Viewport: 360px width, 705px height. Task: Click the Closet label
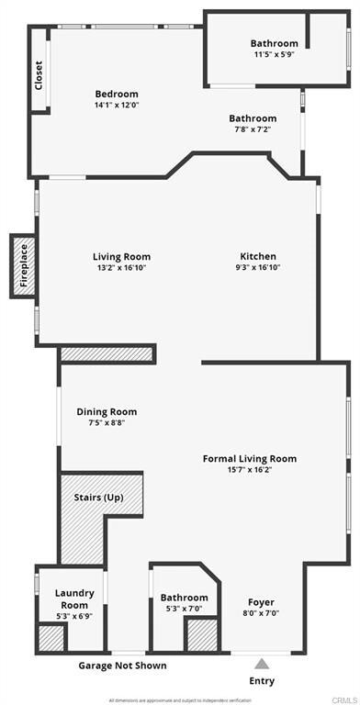click(x=39, y=73)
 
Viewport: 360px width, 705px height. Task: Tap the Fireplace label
click(x=24, y=266)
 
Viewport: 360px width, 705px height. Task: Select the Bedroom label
click(x=117, y=94)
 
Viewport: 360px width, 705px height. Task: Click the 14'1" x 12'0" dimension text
click(x=117, y=106)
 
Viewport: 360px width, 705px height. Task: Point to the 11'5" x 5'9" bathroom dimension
click(x=275, y=55)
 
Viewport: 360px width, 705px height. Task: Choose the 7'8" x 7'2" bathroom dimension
click(x=253, y=130)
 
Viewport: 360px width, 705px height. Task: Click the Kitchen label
click(x=258, y=256)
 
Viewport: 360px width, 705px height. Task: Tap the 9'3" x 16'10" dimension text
click(x=258, y=268)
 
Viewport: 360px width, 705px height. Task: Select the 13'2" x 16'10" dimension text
click(x=121, y=268)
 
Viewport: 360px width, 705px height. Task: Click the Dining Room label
click(x=107, y=412)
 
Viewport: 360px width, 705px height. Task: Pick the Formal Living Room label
click(x=250, y=458)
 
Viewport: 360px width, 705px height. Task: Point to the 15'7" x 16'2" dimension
click(x=250, y=470)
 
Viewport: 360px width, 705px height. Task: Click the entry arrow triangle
click(x=262, y=663)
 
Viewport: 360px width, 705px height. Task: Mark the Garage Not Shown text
click(x=123, y=665)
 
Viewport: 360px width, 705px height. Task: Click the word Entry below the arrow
click(x=262, y=681)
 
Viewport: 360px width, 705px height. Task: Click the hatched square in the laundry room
click(x=49, y=638)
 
